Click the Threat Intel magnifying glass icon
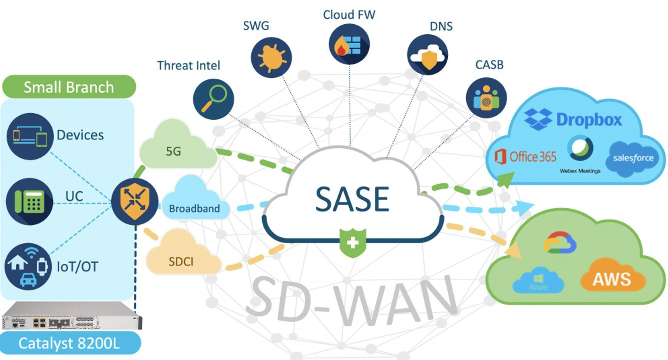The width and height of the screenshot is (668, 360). point(213,99)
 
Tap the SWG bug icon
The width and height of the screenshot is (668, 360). point(271,57)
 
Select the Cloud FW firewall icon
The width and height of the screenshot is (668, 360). point(349,44)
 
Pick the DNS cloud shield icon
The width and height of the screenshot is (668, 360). point(427,55)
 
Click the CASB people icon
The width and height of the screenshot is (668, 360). point(486,98)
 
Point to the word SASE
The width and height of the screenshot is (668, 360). point(352,199)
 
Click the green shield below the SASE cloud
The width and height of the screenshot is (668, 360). point(353,243)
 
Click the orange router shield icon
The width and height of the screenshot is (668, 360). point(135,201)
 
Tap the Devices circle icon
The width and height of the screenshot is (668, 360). point(30,136)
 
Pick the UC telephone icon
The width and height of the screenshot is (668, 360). point(30,201)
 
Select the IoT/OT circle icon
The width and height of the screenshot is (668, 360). point(28,266)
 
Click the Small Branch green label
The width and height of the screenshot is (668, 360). point(69,87)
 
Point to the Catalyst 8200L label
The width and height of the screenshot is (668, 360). point(70,343)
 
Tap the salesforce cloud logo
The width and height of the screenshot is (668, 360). point(633,158)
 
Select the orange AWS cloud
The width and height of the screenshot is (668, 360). point(612,278)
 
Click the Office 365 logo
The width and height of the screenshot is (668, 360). point(526,157)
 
